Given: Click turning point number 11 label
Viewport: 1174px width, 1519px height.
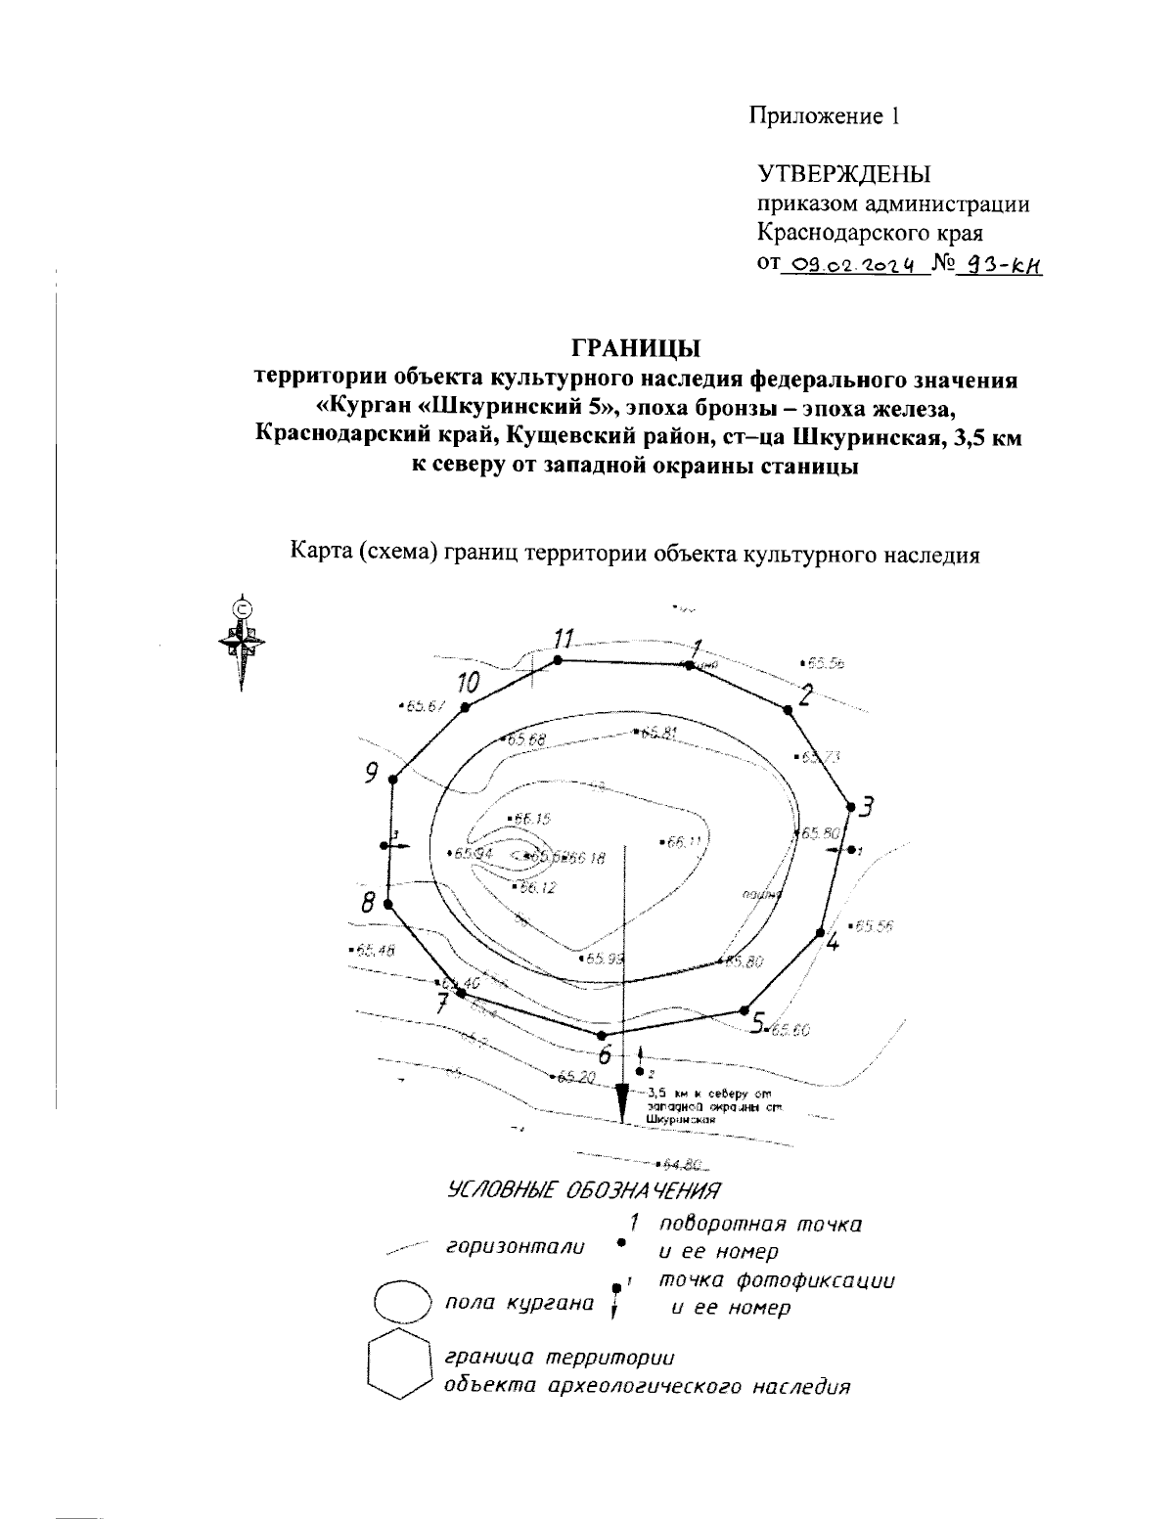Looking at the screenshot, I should [563, 640].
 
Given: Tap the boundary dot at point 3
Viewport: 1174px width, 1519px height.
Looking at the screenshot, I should [850, 807].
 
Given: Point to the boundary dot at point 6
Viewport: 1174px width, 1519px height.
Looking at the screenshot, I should [613, 1035].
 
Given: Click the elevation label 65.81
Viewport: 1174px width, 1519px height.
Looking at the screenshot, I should [657, 732].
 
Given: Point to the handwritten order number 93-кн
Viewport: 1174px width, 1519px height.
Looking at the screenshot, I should [999, 264].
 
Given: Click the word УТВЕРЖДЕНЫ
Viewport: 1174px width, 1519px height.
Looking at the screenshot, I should [845, 174].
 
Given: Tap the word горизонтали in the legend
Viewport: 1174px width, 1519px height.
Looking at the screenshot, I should [516, 1247].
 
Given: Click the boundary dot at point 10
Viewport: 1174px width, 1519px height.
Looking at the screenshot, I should [466, 707].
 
